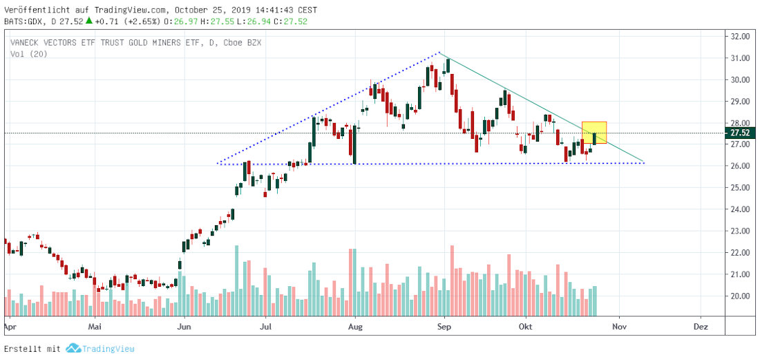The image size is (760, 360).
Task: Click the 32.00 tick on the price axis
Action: point(741,37)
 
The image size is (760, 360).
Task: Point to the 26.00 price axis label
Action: point(741,166)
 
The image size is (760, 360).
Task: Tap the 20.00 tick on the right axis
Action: point(741,296)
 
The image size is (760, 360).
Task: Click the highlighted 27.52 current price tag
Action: point(741,133)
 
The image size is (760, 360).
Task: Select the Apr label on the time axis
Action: point(10,324)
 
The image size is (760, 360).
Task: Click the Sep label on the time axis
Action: point(444,324)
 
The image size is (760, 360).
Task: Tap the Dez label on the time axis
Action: point(701,324)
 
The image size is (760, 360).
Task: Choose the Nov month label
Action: point(619,324)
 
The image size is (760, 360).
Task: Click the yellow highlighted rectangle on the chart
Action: point(593,132)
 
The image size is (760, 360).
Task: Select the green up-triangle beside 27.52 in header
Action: point(88,21)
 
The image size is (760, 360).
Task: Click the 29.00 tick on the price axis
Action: point(741,102)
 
